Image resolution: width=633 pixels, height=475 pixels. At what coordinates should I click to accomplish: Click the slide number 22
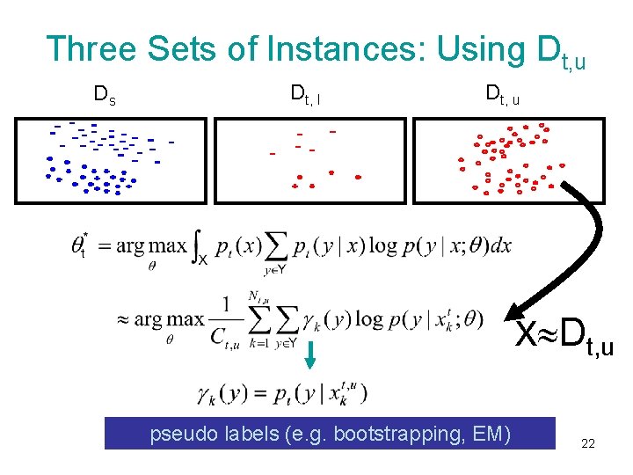click(x=588, y=444)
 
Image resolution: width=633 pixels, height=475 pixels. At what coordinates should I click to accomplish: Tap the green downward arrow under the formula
click(x=309, y=354)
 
